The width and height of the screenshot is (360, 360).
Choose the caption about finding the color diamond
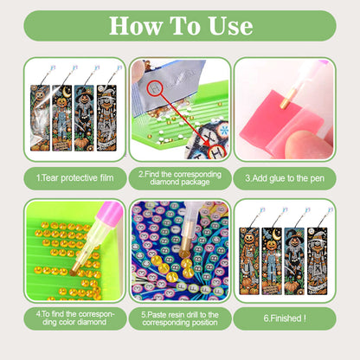74,317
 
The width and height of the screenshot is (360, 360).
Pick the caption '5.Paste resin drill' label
179,317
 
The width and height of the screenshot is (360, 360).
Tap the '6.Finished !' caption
285,317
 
